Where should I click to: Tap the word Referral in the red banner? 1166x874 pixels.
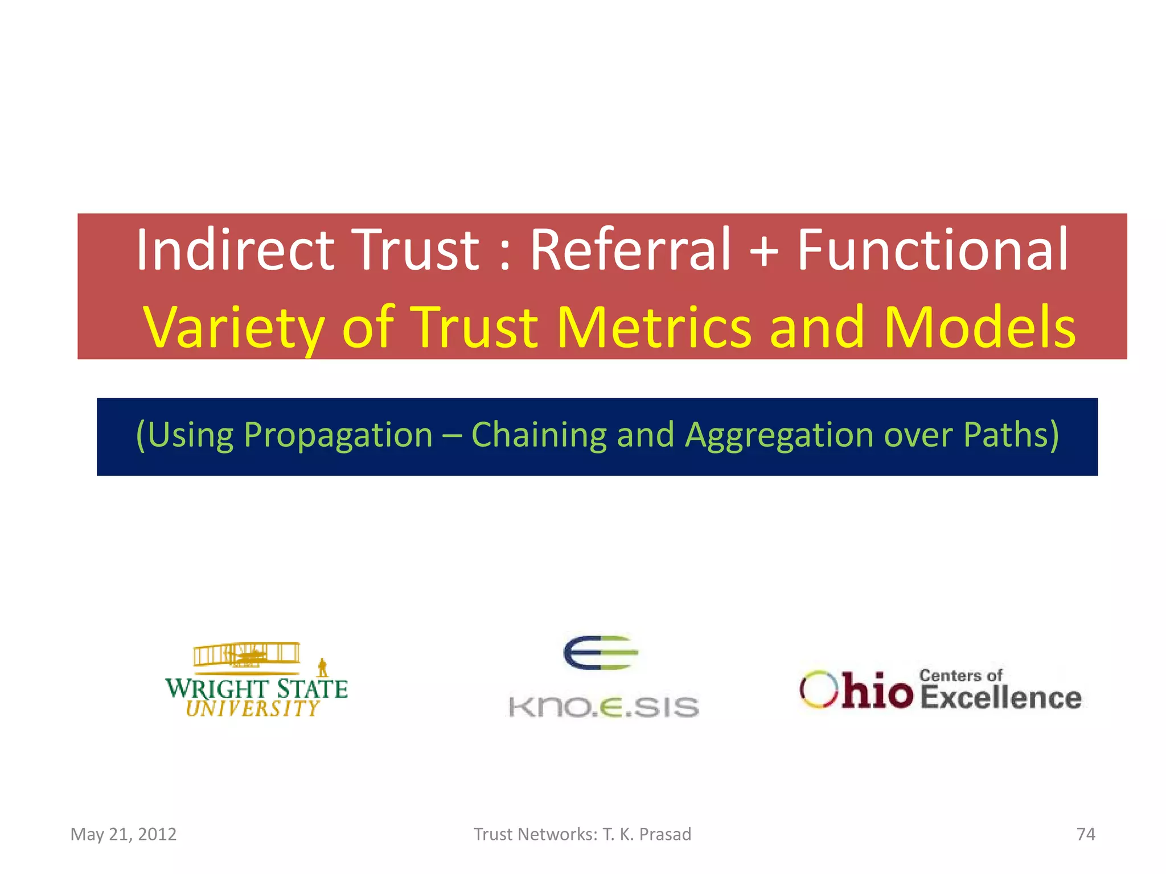click(630, 250)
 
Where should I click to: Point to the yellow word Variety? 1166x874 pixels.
click(234, 328)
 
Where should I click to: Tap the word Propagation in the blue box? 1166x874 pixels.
click(338, 435)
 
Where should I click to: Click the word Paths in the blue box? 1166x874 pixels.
click(1011, 435)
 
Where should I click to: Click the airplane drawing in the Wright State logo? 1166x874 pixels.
click(247, 655)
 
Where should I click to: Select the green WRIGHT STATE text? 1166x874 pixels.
click(256, 689)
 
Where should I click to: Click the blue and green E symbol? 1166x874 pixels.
click(600, 653)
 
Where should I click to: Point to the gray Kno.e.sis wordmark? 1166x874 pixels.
click(603, 707)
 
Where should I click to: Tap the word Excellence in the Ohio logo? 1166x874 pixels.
click(1000, 698)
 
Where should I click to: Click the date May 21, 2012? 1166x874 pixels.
click(124, 834)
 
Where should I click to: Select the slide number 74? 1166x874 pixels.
click(1086, 834)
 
